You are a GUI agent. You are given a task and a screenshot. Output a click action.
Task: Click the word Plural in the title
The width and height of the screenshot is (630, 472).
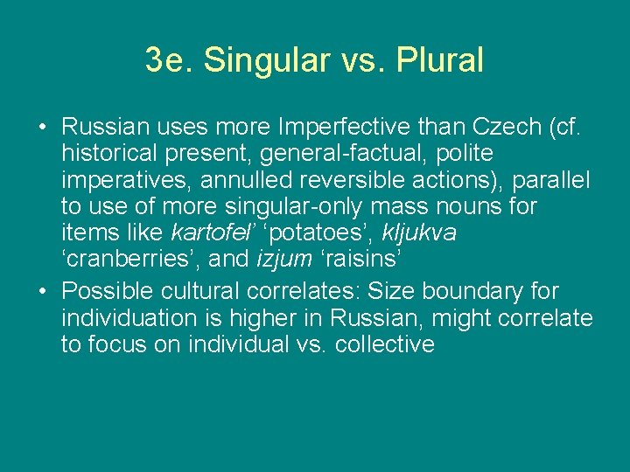(x=440, y=59)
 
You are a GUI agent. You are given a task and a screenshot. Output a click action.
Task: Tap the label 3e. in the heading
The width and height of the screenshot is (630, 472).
(x=167, y=59)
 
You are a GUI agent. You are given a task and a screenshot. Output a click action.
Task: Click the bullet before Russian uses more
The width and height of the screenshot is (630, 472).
(x=42, y=128)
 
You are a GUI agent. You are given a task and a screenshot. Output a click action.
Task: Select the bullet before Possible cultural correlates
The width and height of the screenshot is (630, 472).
(x=42, y=291)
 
